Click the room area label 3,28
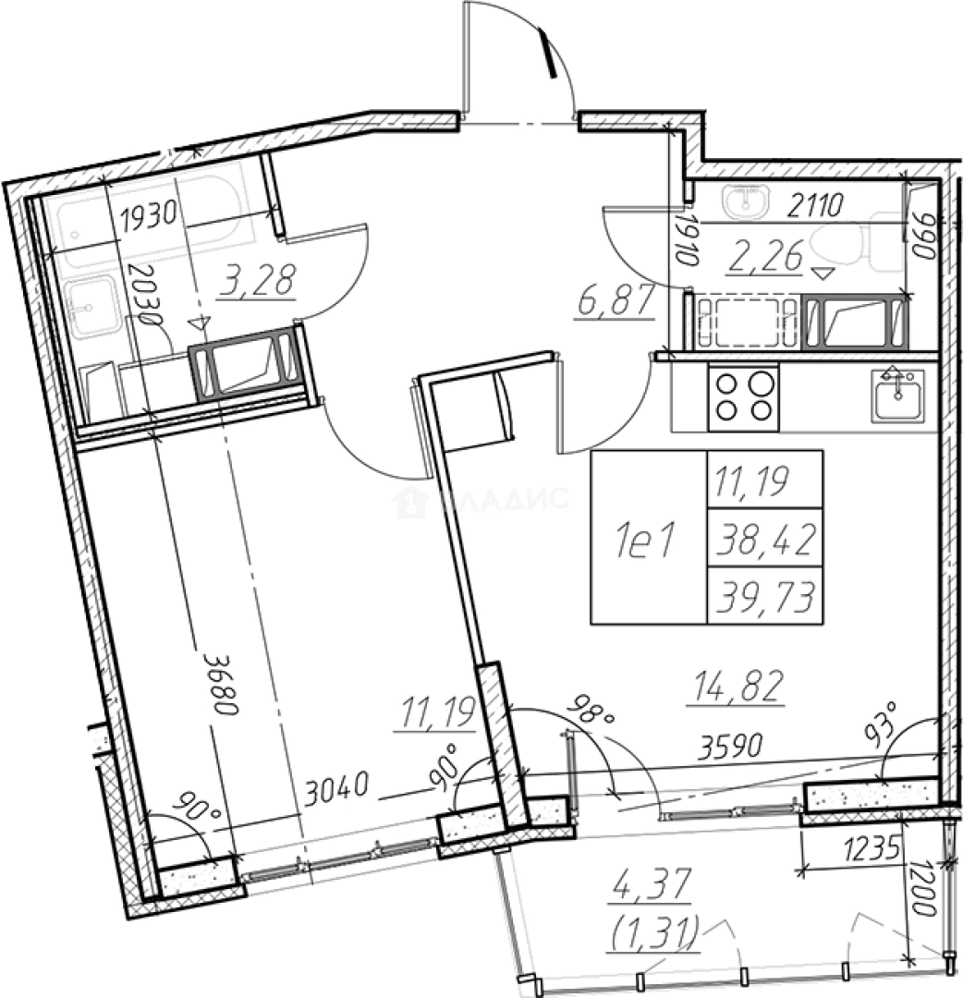(257, 281)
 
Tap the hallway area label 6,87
(616, 300)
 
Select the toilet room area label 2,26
(763, 257)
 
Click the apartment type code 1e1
(645, 541)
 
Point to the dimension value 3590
(730, 746)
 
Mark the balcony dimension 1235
(872, 848)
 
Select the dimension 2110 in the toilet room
(815, 205)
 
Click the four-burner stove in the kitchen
(743, 398)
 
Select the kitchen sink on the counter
(897, 395)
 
